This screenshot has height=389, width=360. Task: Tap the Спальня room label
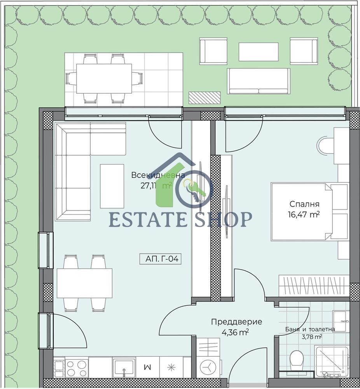(304, 204)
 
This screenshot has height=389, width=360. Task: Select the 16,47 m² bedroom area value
(304, 214)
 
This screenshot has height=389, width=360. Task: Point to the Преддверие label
(236, 322)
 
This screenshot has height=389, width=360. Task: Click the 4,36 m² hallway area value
(235, 332)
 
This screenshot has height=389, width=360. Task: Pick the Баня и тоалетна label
(310, 329)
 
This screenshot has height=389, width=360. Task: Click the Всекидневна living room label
(158, 175)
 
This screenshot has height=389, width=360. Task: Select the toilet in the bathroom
(297, 359)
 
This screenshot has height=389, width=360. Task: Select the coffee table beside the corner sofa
(112, 186)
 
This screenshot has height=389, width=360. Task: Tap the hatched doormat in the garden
(204, 98)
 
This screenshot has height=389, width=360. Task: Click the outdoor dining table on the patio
(104, 79)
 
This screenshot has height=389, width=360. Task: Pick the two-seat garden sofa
(259, 81)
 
